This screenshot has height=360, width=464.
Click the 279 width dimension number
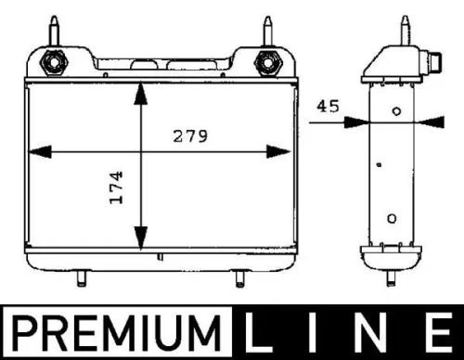coord(189,135)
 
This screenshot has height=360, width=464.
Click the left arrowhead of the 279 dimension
coord(39,149)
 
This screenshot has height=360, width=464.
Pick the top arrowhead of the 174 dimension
coord(140,93)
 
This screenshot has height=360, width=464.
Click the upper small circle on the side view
coord(396,112)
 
